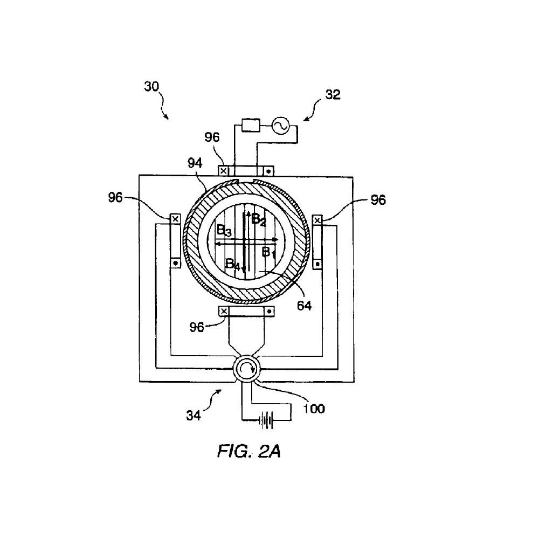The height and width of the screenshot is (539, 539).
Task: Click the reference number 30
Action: (151, 86)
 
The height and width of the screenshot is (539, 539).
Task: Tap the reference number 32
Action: (333, 94)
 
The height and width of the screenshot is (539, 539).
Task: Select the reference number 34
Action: (194, 416)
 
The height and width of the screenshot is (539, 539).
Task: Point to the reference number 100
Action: (314, 409)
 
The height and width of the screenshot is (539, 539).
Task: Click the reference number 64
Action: (304, 305)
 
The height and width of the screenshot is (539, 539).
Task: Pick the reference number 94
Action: (195, 163)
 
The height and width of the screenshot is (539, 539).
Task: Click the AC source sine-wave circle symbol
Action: (280, 126)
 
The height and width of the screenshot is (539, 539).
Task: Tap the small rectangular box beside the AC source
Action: (251, 125)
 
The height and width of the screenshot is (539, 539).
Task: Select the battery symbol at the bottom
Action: (266, 420)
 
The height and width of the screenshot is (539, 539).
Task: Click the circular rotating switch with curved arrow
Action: (246, 370)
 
